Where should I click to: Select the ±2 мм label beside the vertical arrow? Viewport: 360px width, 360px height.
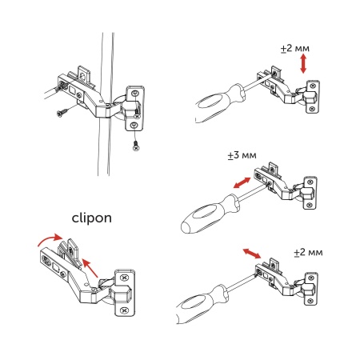tap(295, 49)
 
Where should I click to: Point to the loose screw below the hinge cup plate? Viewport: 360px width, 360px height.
tap(137, 146)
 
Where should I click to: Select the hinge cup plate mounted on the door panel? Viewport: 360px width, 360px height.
tap(134, 109)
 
